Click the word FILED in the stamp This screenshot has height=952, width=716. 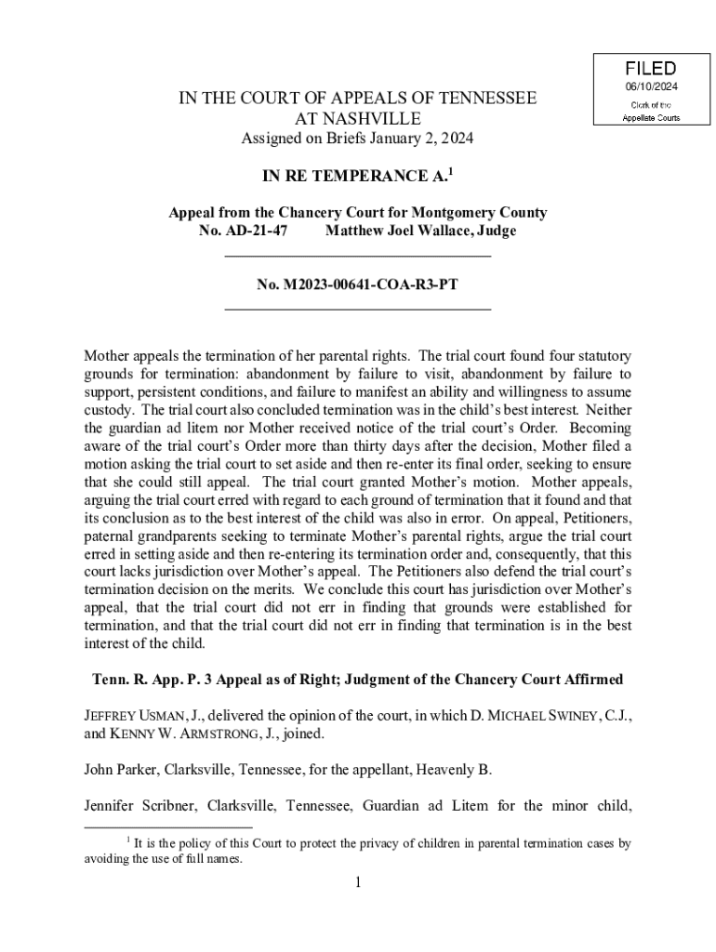point(650,69)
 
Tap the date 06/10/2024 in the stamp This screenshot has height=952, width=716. point(650,87)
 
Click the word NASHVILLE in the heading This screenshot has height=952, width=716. point(357,118)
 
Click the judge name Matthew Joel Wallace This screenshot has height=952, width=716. point(404,231)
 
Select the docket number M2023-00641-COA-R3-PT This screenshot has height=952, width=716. point(357,284)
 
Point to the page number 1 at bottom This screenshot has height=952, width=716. point(357,882)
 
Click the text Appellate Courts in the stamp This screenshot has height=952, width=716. point(650,118)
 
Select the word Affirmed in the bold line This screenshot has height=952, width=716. point(590,679)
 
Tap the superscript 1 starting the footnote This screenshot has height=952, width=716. point(127,840)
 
